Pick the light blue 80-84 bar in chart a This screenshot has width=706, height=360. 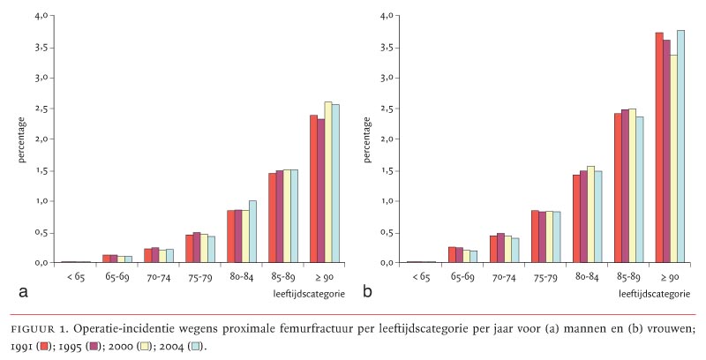(x=252, y=231)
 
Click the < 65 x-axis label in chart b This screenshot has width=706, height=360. (x=422, y=276)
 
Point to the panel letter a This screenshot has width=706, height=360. (x=11, y=290)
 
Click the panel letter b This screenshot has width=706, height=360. (x=366, y=289)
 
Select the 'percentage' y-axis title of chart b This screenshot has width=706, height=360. (x=366, y=140)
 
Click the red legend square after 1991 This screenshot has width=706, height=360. (x=41, y=345)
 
